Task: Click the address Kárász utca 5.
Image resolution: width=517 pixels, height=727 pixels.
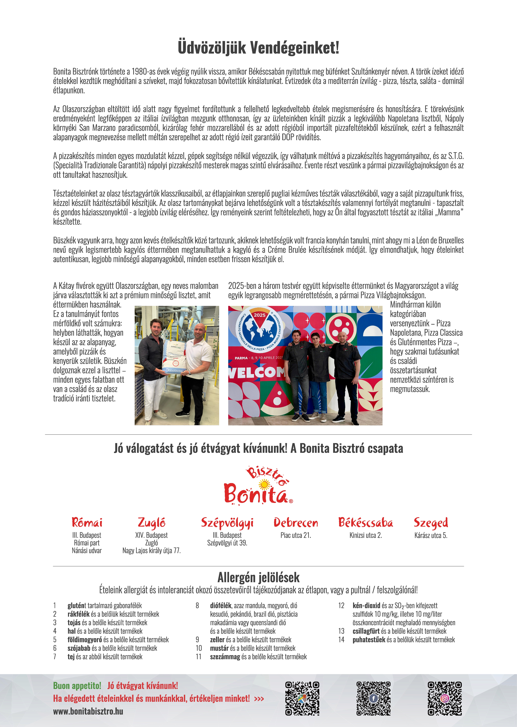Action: pyautogui.click(x=431, y=535)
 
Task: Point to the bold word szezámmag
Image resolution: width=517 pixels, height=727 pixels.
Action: pyautogui.click(x=225, y=657)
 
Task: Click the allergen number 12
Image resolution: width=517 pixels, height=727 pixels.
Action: pyautogui.click(x=341, y=605)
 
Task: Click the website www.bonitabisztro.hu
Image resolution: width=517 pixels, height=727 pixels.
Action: pyautogui.click(x=88, y=711)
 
